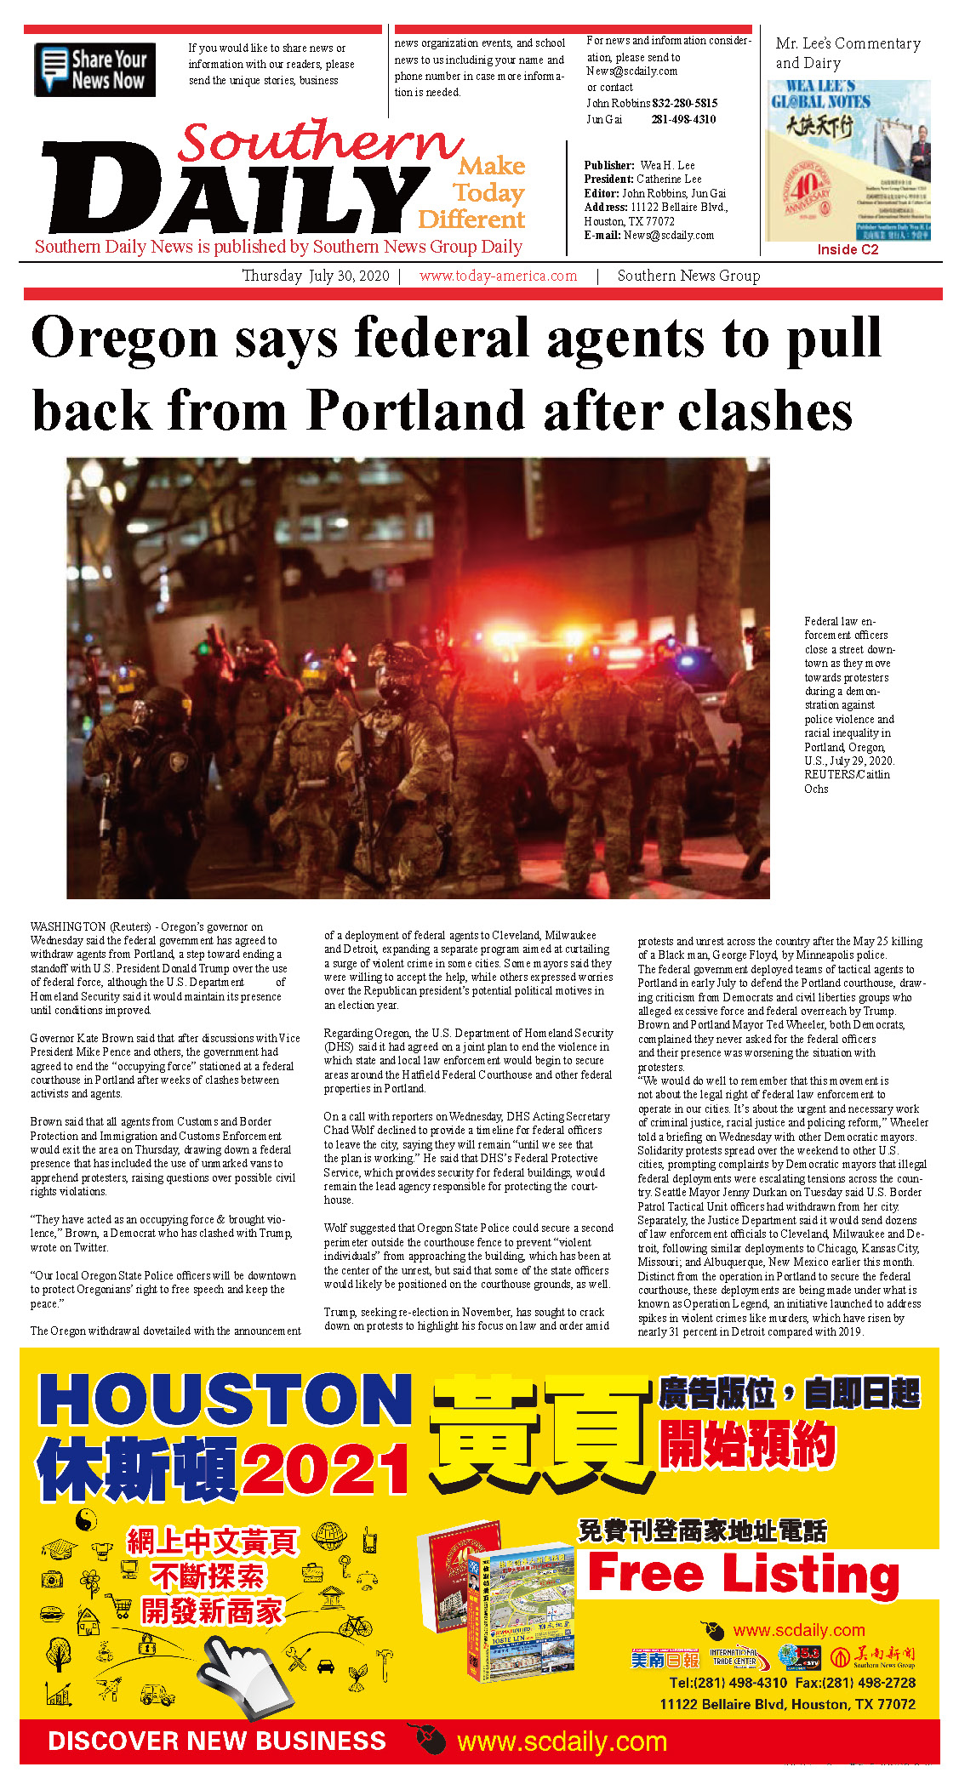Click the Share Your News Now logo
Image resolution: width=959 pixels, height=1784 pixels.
click(x=94, y=70)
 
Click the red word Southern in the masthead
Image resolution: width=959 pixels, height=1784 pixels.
click(x=320, y=141)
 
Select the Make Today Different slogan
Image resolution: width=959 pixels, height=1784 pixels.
click(x=473, y=193)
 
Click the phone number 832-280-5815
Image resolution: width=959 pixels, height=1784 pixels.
click(x=684, y=103)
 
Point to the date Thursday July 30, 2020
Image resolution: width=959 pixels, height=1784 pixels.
click(x=315, y=276)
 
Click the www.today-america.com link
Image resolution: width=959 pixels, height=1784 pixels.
click(x=498, y=276)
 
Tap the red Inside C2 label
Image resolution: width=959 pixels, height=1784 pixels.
click(x=848, y=249)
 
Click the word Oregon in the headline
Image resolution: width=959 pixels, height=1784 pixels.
click(x=124, y=339)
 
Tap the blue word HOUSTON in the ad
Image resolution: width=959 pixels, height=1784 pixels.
click(x=225, y=1399)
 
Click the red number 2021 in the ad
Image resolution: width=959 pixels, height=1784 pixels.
click(x=326, y=1469)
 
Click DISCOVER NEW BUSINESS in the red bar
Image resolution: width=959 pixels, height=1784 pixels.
click(x=217, y=1741)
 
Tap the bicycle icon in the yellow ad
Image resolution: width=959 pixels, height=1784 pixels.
click(x=356, y=1626)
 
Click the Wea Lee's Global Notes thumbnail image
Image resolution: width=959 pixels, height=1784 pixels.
click(x=848, y=161)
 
